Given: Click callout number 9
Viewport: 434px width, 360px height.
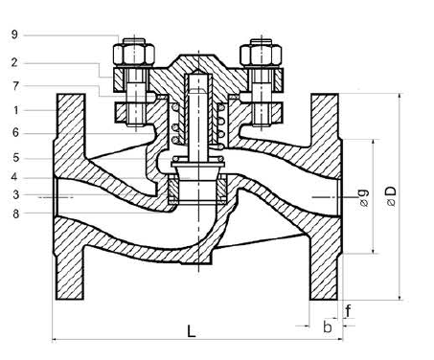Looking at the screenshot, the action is coord(14,34).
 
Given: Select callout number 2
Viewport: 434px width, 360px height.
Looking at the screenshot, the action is coord(14,62).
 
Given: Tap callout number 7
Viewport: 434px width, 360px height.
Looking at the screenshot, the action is coord(15,85).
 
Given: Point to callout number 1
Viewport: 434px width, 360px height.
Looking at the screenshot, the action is coord(16,110).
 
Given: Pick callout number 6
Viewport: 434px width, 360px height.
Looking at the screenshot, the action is coord(15,132).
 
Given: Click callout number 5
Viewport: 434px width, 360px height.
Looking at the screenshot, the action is coord(16,158).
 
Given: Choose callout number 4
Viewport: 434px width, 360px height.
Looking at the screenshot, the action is coord(14,177).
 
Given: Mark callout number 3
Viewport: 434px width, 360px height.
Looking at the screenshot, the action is coord(16,194).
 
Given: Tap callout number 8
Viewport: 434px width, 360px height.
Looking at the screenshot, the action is coord(16,214).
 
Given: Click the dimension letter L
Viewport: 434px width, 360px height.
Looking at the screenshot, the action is coord(192,331).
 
